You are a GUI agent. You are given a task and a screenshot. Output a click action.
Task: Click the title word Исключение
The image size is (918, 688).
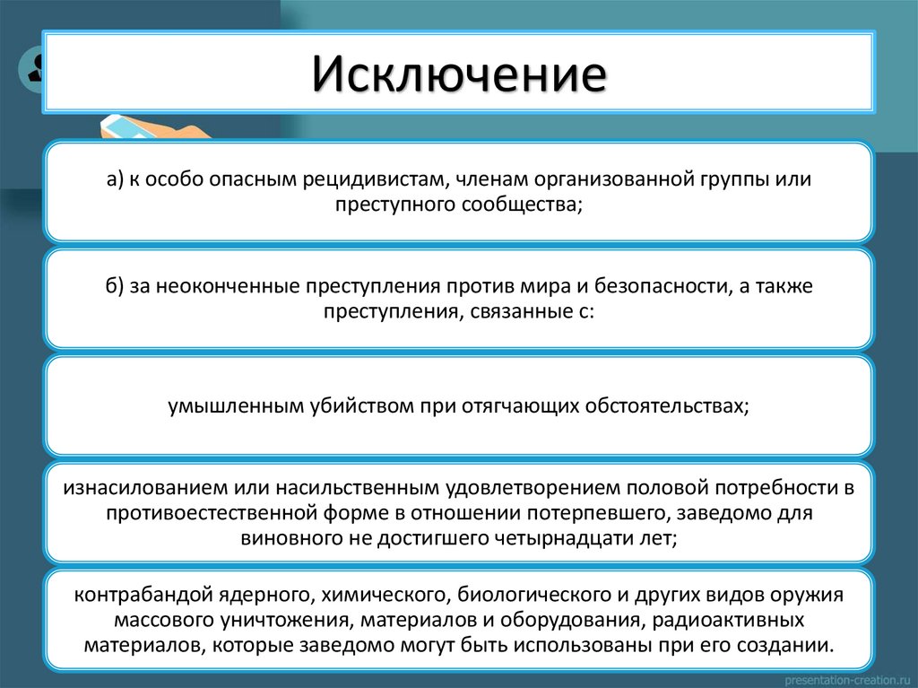tap(458, 74)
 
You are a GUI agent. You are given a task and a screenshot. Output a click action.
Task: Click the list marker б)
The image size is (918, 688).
tap(116, 286)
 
